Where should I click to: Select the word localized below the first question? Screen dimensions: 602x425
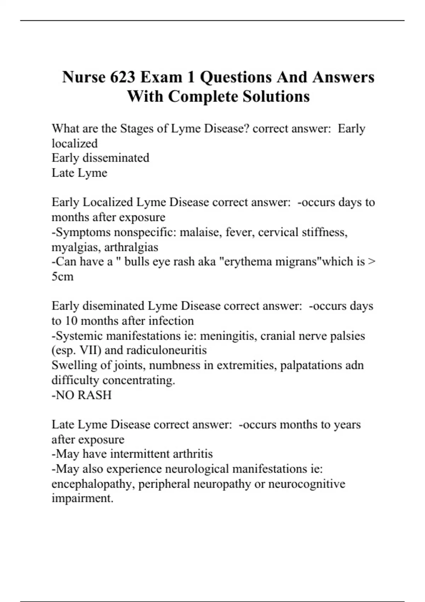tap(75, 143)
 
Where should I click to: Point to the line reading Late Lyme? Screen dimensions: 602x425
tap(79, 173)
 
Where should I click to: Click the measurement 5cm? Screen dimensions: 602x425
tap(63, 277)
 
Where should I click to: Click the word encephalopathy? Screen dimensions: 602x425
tap(93, 484)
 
